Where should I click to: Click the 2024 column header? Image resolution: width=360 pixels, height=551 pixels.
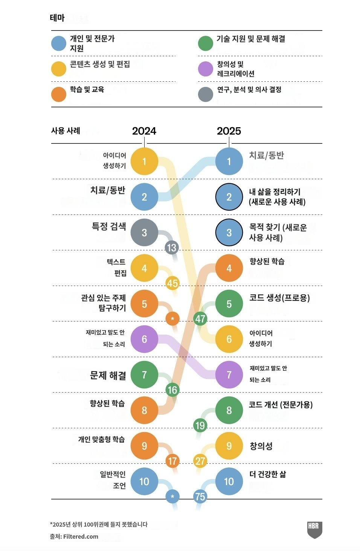(144, 131)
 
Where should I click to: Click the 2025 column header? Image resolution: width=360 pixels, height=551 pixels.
(229, 131)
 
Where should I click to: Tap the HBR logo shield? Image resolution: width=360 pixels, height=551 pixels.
(314, 529)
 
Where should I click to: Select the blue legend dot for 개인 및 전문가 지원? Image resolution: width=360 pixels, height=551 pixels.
(59, 43)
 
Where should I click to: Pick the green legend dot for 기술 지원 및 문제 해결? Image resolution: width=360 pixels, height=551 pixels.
(206, 43)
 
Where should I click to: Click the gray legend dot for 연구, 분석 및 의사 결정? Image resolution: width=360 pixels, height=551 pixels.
(206, 94)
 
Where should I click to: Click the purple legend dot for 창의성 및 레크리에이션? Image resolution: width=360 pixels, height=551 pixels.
(206, 68)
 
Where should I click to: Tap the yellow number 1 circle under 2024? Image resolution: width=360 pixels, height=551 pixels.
(144, 161)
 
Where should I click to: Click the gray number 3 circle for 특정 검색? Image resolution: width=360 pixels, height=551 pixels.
(144, 233)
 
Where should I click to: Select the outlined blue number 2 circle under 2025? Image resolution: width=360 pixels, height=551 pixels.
(229, 197)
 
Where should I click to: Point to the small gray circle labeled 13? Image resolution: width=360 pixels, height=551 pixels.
(172, 248)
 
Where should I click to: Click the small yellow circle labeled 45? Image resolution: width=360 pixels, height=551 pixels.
(172, 283)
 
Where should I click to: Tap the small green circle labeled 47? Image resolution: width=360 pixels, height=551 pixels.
(200, 319)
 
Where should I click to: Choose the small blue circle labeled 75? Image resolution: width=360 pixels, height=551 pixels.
(200, 496)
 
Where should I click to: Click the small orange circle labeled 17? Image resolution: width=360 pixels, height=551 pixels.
(172, 461)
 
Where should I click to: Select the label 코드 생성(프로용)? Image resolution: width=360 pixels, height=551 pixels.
(279, 298)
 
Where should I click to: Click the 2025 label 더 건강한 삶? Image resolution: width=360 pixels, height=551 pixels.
(267, 474)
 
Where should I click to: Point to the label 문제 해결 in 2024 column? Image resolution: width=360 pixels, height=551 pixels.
(108, 375)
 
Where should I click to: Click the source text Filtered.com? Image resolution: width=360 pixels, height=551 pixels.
(81, 536)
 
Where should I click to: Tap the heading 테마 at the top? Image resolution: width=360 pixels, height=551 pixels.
(57, 18)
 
